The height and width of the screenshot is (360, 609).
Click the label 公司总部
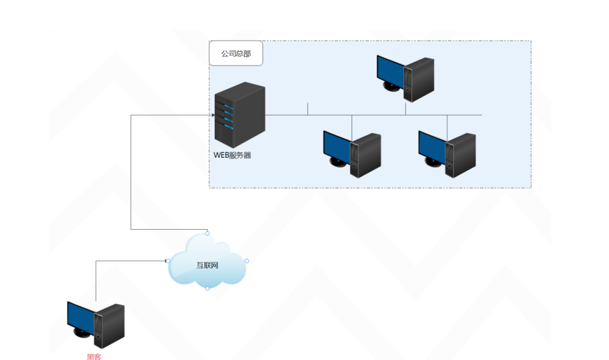pos(236,54)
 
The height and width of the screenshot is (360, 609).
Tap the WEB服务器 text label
pos(233,155)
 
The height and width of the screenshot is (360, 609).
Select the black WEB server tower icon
pos(240,116)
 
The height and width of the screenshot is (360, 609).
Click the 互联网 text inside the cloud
pos(208,265)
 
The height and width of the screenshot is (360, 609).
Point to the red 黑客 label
pos(94,356)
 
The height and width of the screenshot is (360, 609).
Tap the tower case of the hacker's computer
pos(110,325)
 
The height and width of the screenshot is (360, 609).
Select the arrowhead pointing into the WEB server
pos(212,114)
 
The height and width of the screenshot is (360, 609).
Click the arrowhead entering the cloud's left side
pos(167,261)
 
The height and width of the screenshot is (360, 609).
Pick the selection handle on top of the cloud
pos(207,233)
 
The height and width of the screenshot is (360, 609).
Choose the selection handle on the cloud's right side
pos(246,261)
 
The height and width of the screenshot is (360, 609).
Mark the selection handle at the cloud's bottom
pos(207,288)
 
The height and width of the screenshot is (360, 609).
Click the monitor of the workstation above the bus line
pos(390,70)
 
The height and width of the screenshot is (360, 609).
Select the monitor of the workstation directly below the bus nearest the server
pos(337,145)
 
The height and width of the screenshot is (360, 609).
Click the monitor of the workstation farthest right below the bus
pos(432,145)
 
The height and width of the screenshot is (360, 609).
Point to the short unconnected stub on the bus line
pos(307,108)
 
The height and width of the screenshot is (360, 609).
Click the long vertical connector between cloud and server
pos(131,173)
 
